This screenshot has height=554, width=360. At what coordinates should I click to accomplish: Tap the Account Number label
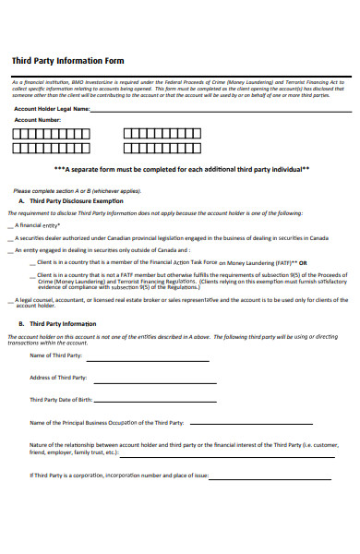point(38,120)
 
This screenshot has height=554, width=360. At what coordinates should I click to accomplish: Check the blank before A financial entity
point(10,225)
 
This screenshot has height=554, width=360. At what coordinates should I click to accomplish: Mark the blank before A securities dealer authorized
point(10,237)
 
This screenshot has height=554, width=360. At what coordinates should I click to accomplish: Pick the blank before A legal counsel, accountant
point(10,300)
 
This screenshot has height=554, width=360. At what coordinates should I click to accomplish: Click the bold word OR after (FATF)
point(303,262)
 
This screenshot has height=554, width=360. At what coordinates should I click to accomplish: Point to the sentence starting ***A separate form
point(181,169)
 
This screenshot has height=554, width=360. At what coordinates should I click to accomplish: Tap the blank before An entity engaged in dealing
point(10,250)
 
